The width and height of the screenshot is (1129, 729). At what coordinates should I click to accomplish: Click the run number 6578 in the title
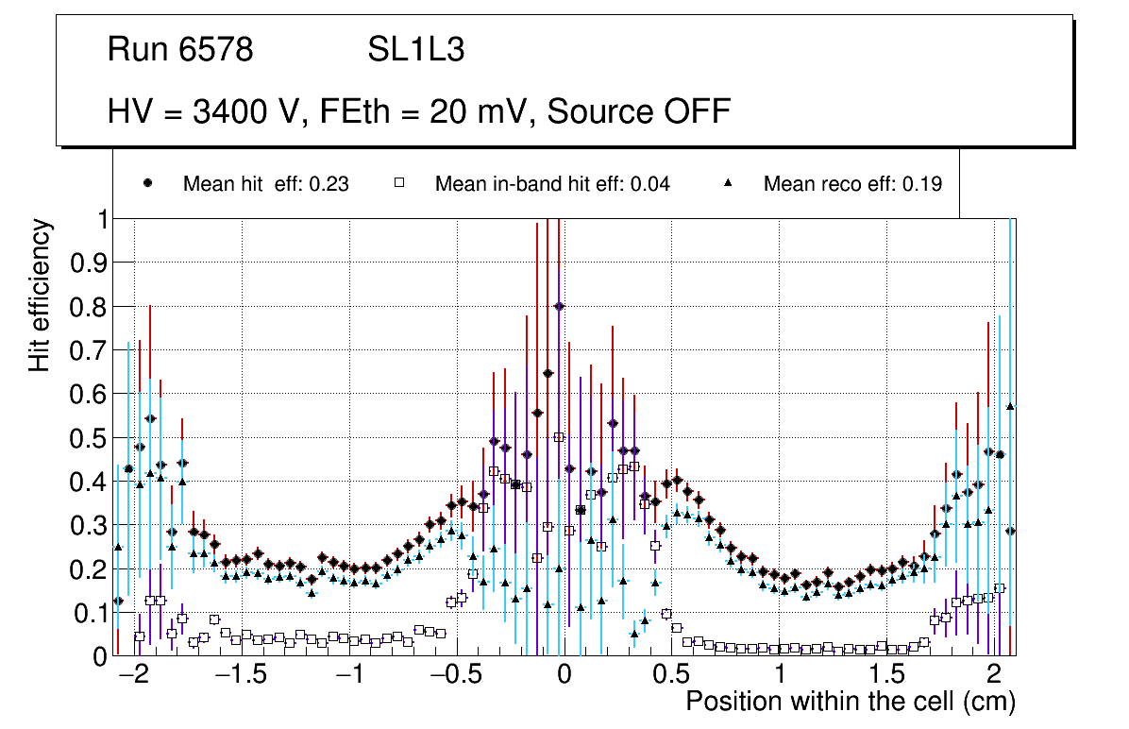click(x=216, y=50)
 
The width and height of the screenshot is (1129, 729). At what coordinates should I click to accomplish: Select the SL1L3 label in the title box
click(x=415, y=50)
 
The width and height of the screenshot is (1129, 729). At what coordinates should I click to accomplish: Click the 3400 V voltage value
click(x=248, y=111)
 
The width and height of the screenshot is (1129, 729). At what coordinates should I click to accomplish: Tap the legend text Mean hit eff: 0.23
click(x=265, y=184)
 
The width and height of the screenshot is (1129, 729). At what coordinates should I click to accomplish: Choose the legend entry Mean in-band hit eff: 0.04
click(x=552, y=184)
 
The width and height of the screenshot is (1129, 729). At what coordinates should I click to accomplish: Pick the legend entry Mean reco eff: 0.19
click(x=852, y=184)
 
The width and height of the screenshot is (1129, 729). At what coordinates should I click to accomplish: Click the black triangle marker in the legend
click(x=729, y=183)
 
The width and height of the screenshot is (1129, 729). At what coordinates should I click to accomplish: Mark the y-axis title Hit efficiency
click(x=40, y=295)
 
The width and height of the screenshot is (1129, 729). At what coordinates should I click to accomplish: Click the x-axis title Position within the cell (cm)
click(x=851, y=702)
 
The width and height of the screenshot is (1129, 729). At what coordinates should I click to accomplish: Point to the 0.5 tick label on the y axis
click(x=90, y=438)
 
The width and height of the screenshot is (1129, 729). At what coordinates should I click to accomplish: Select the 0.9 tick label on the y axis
click(x=90, y=263)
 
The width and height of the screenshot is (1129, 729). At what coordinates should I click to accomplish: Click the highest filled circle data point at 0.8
click(x=559, y=306)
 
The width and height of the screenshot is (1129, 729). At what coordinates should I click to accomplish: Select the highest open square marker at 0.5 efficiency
click(x=559, y=437)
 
